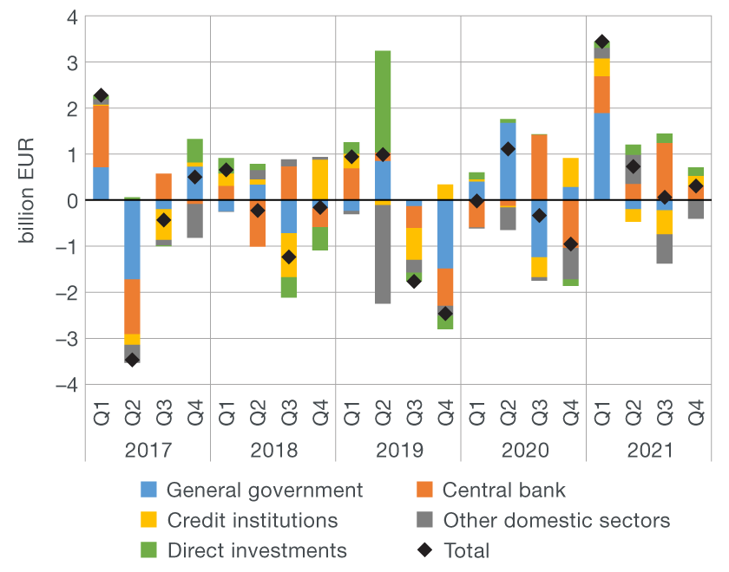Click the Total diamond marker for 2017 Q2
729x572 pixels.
(132, 359)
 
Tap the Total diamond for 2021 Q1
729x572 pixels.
(601, 42)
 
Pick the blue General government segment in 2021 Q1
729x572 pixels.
(601, 156)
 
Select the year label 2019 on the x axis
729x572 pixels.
(398, 452)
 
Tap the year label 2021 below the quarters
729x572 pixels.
(648, 452)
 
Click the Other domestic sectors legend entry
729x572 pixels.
(555, 520)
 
